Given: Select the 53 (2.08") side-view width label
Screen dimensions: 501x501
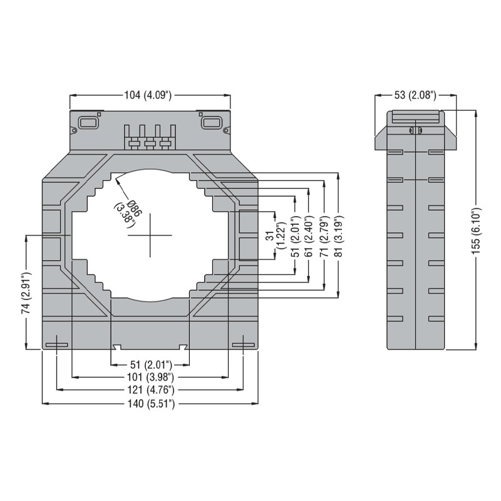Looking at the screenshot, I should click(414, 95).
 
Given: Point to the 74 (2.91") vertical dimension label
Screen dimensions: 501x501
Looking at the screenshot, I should click(26, 293).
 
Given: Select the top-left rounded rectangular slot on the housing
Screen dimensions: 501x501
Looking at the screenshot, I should click(88, 121).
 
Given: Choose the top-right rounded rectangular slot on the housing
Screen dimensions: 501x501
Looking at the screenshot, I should click(210, 121).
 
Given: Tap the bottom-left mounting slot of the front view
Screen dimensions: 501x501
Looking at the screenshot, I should click(57, 344).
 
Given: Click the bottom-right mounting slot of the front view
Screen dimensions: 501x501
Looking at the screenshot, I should click(242, 344).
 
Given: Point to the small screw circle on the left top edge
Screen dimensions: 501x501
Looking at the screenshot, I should click(75, 131).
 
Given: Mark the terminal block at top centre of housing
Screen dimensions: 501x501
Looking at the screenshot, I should click(150, 138).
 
